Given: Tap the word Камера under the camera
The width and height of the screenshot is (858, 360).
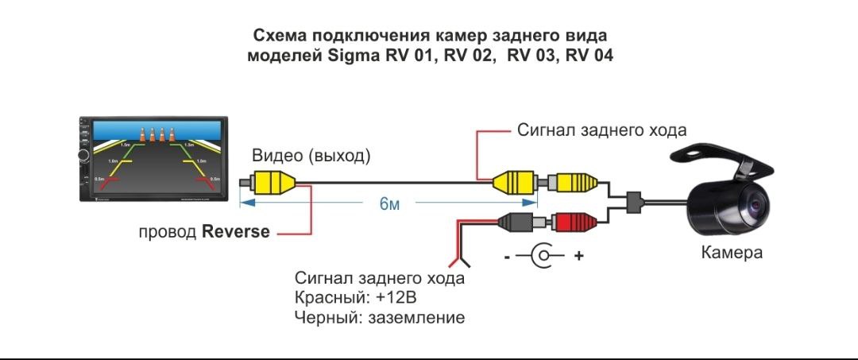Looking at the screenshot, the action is [732, 253].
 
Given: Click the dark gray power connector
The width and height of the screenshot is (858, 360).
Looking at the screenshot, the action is [516, 223].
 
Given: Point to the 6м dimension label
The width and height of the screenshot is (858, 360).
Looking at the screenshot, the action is [389, 204].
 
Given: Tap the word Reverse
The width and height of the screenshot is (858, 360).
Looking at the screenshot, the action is [236, 232].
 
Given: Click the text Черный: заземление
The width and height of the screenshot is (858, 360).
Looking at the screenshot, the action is [379, 317].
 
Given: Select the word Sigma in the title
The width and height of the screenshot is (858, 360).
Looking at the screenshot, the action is [350, 56].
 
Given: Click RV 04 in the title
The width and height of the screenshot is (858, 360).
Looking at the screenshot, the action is [589, 56].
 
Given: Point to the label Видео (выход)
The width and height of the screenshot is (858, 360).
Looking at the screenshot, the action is [311, 157].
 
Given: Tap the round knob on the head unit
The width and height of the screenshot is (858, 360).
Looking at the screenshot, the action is [84, 155].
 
